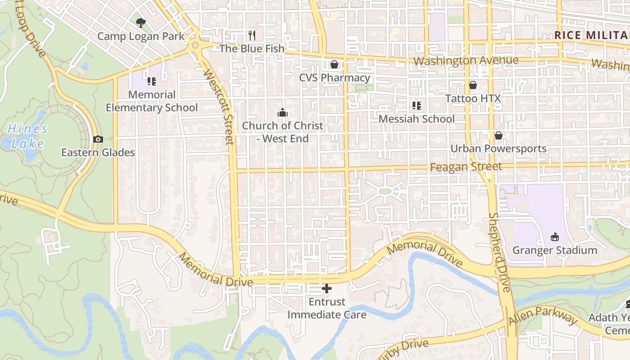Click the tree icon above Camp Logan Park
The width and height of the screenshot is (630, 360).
(141, 22)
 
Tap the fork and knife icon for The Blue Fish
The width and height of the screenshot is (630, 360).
(252, 35)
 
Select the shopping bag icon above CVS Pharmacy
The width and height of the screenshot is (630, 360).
(334, 64)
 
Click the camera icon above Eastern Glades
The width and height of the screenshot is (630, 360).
(98, 139)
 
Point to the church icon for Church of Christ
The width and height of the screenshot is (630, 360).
(283, 112)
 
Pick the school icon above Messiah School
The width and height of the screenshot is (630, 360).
(417, 106)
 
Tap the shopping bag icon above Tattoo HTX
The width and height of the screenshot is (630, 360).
(473, 85)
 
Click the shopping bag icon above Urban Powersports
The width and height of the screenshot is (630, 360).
(499, 135)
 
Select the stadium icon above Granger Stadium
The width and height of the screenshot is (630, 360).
(555, 237)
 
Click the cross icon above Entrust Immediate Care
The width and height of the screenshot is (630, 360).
(327, 288)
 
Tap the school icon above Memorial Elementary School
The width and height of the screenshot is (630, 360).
(152, 81)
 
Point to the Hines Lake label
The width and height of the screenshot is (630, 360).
(27, 136)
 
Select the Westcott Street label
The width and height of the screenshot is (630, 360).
(218, 107)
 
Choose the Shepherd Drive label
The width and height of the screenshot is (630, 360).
(500, 252)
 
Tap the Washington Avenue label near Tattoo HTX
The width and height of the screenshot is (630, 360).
(466, 60)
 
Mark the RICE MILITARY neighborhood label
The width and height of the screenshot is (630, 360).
(592, 35)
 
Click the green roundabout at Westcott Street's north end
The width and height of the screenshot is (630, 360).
(195, 45)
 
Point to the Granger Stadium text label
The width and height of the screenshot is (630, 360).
(555, 250)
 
